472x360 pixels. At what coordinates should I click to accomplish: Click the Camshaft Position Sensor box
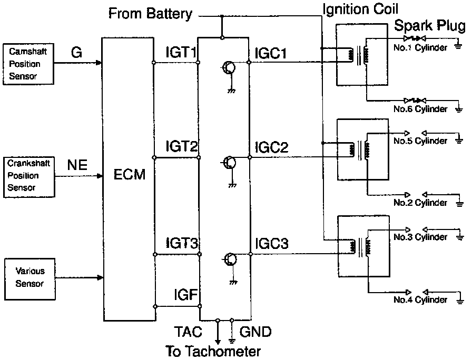pos(28,64)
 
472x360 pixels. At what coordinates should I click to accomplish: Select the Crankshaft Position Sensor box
pos(29,177)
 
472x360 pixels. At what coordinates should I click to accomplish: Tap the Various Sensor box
pos(30,279)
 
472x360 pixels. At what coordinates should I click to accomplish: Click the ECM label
pos(130,174)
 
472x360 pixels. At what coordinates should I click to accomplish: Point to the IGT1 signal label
pos(181,52)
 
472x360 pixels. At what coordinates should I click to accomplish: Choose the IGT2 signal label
pos(182,146)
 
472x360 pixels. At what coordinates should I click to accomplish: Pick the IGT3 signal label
pos(182,243)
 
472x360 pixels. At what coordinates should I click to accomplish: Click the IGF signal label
pos(186,295)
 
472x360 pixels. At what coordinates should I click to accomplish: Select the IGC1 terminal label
pos(271,54)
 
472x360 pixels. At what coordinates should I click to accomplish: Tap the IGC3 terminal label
pos(271,243)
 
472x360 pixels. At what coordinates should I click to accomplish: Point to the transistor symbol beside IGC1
pos(229,68)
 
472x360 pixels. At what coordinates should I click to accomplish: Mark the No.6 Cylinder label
pos(420,109)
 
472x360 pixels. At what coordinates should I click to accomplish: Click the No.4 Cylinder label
pos(420,299)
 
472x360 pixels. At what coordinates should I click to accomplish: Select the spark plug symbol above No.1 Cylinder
pos(415,38)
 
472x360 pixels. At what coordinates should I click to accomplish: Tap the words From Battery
pos(150,14)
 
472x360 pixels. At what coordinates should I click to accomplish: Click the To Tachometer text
pos(213,351)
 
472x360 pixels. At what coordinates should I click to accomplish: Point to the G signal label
pos(76,53)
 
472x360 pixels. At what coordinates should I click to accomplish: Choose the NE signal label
pos(77,165)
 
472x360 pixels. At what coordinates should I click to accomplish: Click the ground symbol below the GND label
pos(232,341)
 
